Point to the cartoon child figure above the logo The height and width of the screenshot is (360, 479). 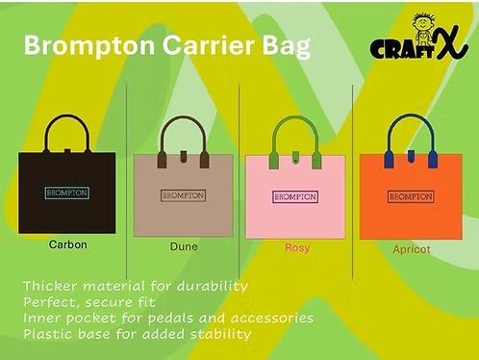click(420, 24)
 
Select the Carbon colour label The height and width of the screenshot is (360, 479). click(68, 244)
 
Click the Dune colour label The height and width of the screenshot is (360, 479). click(184, 246)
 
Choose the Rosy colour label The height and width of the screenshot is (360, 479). click(297, 247)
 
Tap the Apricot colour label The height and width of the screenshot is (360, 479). click(412, 248)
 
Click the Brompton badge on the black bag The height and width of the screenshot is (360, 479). click(67, 193)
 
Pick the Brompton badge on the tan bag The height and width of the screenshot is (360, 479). click(183, 195)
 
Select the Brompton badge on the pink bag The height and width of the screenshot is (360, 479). click(296, 196)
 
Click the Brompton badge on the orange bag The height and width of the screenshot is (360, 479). click(411, 196)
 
